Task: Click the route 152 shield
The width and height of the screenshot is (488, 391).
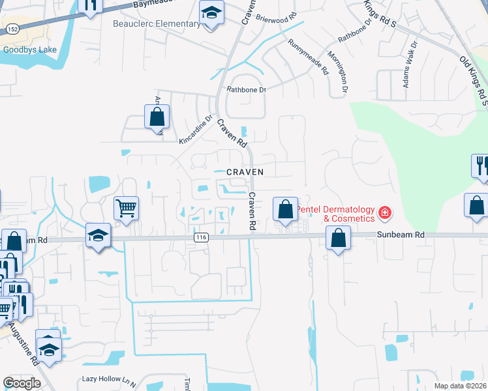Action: [12, 29]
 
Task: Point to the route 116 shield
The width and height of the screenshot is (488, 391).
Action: [201, 239]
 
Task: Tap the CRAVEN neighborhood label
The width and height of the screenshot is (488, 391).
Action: [245, 172]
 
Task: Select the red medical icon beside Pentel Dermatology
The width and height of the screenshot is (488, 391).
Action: [385, 212]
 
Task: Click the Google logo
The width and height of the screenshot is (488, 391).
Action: [22, 383]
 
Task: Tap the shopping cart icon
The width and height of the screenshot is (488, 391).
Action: [127, 209]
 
